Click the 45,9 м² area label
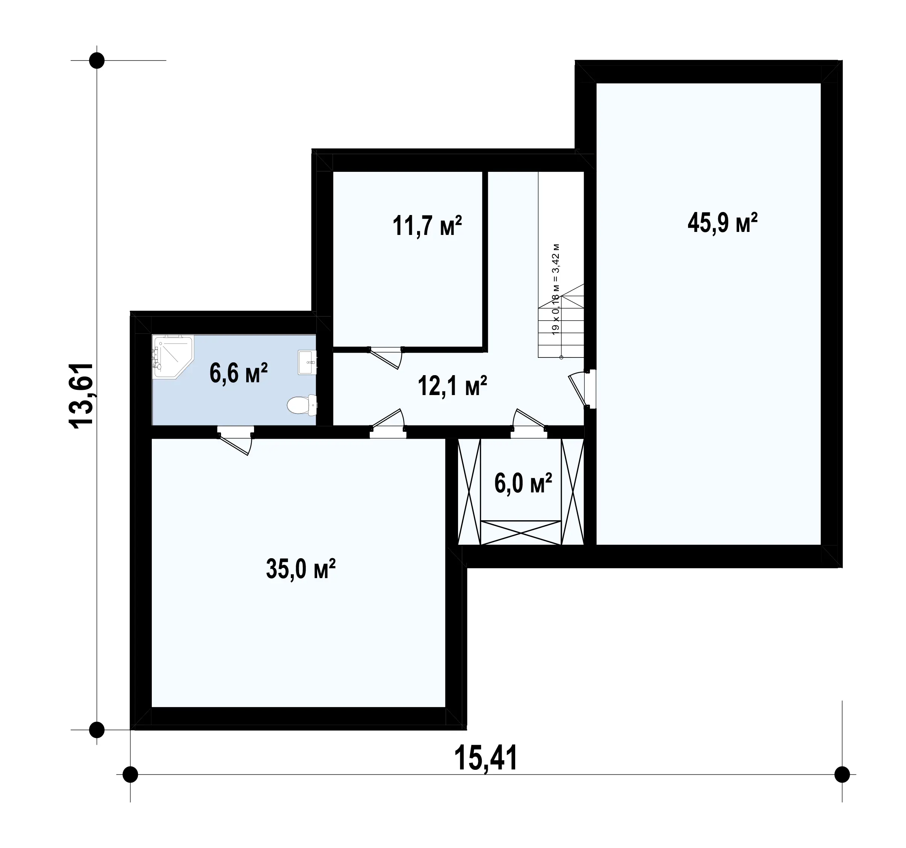(722, 223)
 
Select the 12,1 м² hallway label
(452, 386)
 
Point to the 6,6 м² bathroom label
(238, 373)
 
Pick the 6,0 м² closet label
(523, 483)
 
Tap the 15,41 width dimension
(486, 758)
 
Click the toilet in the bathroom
(302, 405)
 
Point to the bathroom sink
(307, 362)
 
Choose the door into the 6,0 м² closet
(529, 420)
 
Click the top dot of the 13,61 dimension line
(97, 60)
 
